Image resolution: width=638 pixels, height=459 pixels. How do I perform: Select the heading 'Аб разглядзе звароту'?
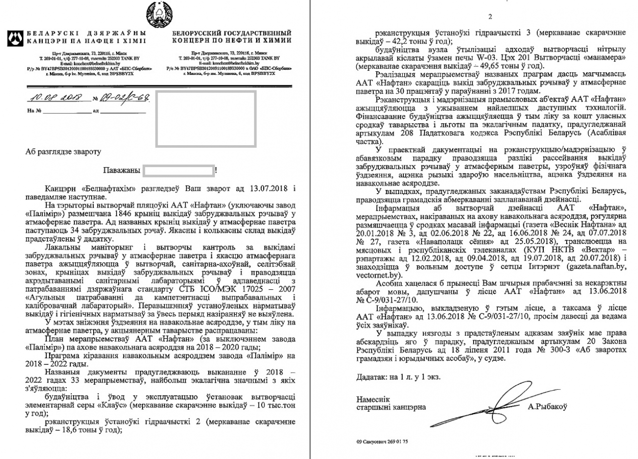click(x=62, y=150)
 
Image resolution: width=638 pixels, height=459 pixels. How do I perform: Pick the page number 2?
click(x=490, y=17)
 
